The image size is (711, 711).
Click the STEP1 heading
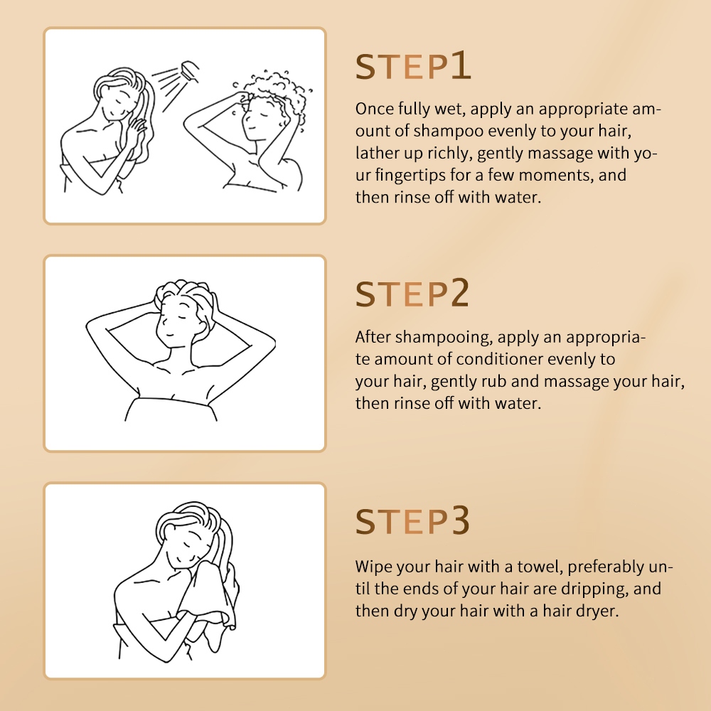pyautogui.click(x=413, y=66)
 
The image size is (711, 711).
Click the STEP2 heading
pyautogui.click(x=412, y=293)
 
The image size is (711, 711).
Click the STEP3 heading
pyautogui.click(x=412, y=520)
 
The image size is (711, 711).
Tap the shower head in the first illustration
pyautogui.click(x=190, y=71)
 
